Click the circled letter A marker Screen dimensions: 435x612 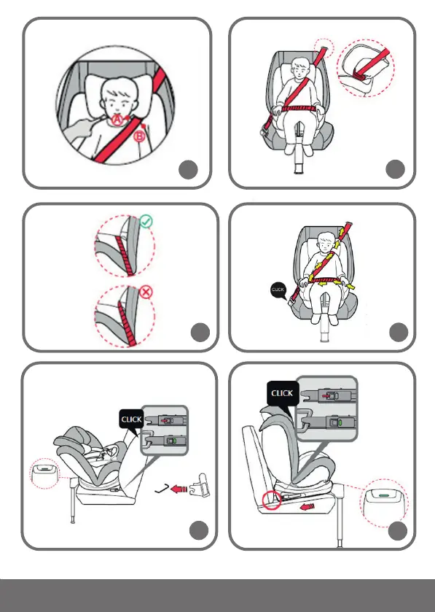coord(117,120)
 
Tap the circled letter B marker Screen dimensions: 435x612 coord(139,136)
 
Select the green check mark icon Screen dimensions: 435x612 coord(146,221)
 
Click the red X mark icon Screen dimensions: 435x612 coord(146,292)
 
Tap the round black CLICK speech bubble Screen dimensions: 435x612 coord(278,290)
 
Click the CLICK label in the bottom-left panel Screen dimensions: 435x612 coord(131,419)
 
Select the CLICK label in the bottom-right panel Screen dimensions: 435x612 coord(282,393)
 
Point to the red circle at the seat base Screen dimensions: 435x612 coord(271,500)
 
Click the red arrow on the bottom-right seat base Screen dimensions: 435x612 coord(307,507)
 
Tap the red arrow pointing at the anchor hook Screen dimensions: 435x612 coord(179,489)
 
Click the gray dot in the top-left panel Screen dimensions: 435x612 coord(188,169)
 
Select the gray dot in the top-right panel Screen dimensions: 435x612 coord(395,169)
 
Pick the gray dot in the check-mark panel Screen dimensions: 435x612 coord(200,332)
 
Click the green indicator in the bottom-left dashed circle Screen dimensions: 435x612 coord(46,466)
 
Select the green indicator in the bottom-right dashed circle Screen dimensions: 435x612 coord(384,495)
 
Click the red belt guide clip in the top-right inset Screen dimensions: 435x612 coord(359,75)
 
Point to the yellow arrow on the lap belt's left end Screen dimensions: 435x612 coord(312,279)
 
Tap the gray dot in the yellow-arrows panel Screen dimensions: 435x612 coord(399,332)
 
